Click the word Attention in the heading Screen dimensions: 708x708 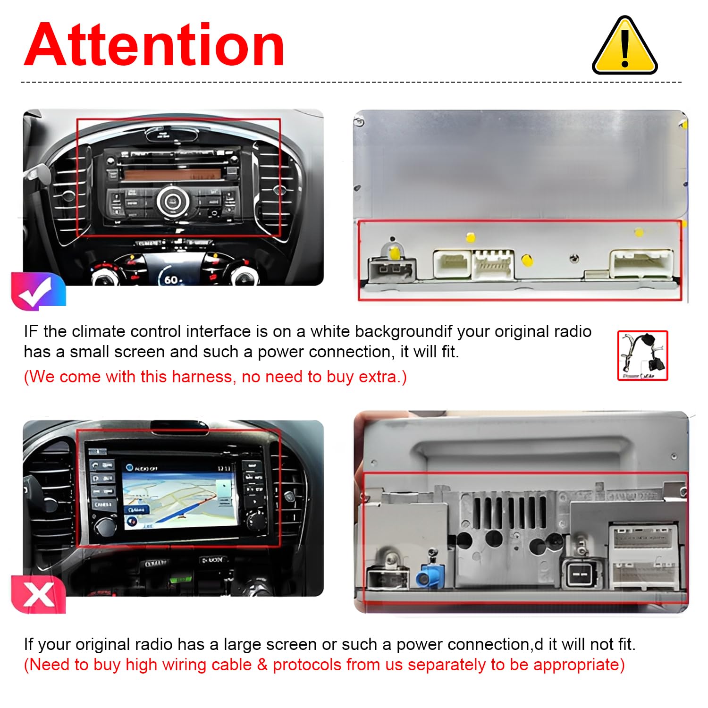154,46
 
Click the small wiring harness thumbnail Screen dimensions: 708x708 642,355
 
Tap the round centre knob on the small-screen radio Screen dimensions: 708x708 172,201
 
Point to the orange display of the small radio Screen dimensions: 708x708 172,174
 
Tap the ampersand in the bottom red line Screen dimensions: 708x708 262,665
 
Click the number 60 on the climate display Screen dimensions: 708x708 171,280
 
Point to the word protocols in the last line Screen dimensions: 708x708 307,665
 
